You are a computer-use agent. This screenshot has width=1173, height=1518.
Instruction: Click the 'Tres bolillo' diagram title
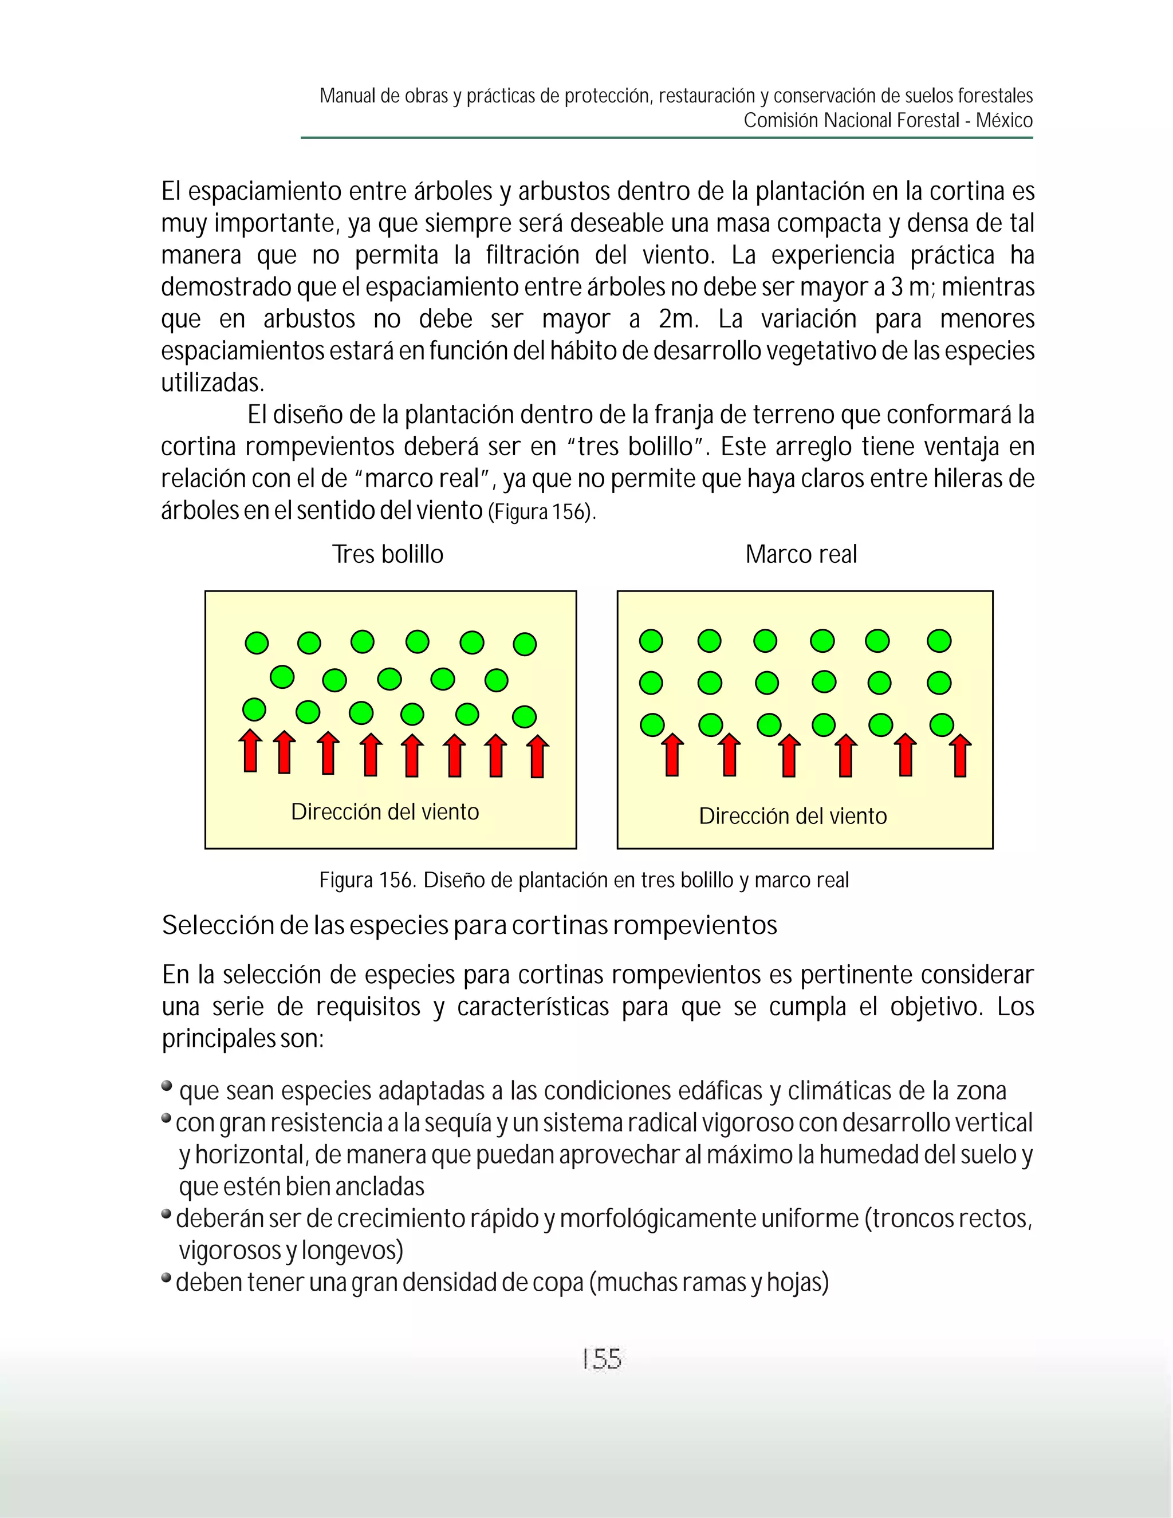pos(387,554)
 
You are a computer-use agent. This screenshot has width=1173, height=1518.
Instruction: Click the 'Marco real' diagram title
pos(801,554)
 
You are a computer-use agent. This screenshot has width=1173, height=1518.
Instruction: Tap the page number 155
pos(601,1358)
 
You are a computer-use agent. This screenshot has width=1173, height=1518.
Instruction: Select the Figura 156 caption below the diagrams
pos(584,880)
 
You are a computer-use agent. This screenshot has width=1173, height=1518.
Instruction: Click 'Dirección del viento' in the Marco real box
pos(793,815)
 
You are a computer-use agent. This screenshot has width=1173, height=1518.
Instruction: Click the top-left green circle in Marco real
pos(651,641)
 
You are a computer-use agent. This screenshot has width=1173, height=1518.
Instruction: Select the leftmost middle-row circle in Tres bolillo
pos(282,676)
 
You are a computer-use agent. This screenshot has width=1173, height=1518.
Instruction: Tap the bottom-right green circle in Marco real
pos(941,725)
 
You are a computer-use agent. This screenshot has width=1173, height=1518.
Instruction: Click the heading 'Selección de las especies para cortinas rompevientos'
pos(469,925)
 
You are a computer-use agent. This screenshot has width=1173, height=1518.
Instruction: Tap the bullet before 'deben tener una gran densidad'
pos(167,1278)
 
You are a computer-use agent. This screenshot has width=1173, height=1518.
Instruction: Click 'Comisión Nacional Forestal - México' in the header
pos(888,120)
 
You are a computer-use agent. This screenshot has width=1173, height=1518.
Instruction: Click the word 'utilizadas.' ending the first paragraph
pos(212,383)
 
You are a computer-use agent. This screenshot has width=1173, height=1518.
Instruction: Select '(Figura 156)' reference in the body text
pos(542,512)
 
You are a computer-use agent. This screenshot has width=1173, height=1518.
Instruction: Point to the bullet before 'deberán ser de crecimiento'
pos(167,1213)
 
